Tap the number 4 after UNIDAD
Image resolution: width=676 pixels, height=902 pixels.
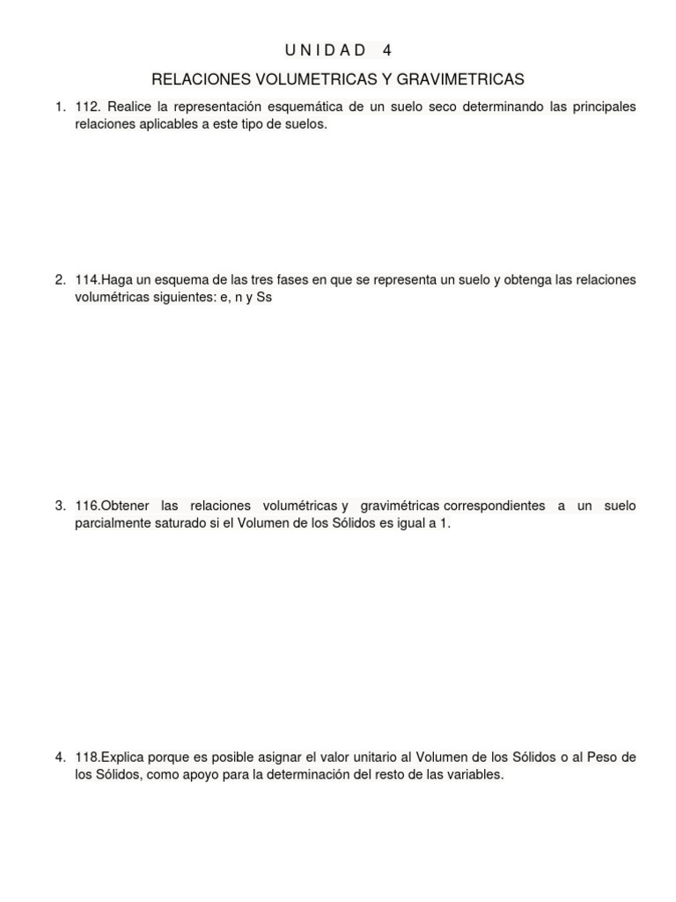click(387, 50)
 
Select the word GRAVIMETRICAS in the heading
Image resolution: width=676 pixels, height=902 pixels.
click(460, 79)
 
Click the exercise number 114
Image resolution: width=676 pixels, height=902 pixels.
click(86, 280)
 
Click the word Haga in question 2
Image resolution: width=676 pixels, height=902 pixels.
click(117, 280)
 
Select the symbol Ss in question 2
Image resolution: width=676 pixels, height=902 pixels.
click(264, 298)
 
